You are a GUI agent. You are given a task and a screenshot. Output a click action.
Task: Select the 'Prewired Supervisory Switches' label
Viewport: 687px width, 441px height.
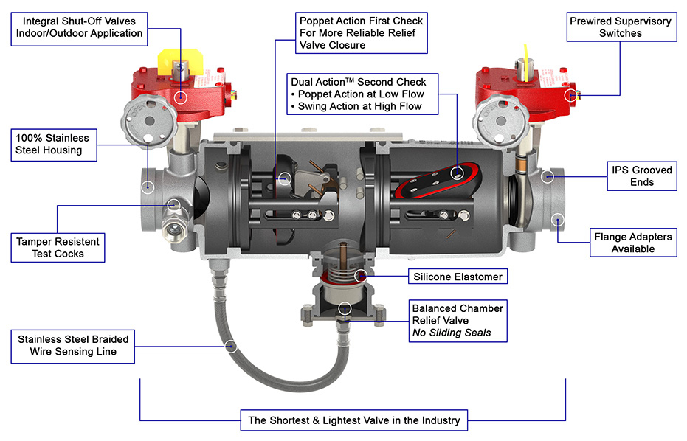[x=620, y=27]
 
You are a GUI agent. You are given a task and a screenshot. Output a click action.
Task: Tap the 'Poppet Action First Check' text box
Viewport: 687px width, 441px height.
[x=361, y=33]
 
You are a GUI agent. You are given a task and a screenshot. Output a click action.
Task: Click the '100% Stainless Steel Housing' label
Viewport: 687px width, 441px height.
[x=52, y=144]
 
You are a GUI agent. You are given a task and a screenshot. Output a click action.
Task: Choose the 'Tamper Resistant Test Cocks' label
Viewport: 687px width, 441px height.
[x=58, y=247]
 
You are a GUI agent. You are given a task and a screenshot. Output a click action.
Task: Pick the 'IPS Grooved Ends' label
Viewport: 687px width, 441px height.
[x=641, y=176]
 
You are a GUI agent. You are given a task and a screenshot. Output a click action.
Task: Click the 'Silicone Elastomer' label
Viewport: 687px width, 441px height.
[x=457, y=277]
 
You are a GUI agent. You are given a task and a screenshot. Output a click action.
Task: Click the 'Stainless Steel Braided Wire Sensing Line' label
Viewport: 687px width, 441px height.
[x=73, y=345]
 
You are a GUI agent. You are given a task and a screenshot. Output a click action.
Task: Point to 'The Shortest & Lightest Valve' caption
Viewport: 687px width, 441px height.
[x=353, y=420]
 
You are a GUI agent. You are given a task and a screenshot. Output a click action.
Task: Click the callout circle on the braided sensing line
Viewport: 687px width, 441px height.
[x=231, y=344]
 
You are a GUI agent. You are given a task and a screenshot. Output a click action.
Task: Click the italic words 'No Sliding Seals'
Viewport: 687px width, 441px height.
[x=450, y=333]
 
